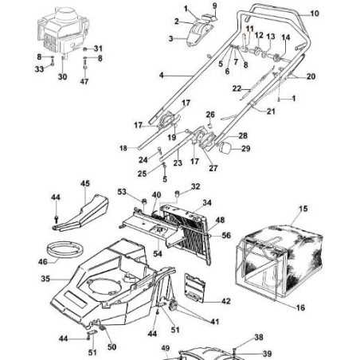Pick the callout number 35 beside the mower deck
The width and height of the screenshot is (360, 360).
[45, 280]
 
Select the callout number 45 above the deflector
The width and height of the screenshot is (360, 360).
[85, 183]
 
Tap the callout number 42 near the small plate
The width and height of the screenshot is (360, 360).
[225, 301]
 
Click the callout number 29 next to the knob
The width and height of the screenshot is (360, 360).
[245, 149]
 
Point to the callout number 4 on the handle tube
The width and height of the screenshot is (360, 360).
[161, 76]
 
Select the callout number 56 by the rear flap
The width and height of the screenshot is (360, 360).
[226, 236]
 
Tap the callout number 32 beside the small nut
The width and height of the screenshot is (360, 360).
[196, 188]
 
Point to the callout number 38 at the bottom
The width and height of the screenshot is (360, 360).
[258, 338]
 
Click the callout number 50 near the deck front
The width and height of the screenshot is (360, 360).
[112, 347]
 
